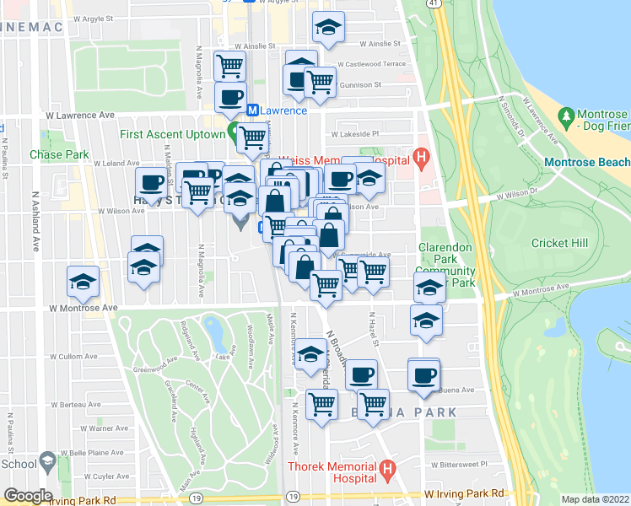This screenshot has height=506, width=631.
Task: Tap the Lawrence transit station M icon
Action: point(251,110)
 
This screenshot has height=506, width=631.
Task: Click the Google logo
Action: point(28,495)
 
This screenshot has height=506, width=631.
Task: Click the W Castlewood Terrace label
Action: point(371,64)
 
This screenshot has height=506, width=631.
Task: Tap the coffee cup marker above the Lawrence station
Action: point(230,96)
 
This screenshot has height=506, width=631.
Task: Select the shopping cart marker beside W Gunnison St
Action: point(320,82)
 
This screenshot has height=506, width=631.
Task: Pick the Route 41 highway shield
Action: point(432,4)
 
